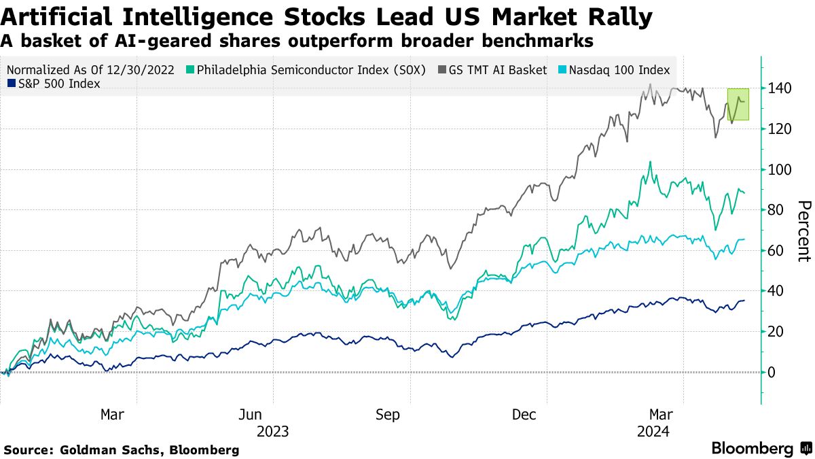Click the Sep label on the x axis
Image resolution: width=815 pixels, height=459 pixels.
click(388, 414)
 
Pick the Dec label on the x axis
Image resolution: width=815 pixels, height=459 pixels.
click(526, 414)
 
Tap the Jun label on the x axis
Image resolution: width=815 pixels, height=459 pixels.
click(251, 414)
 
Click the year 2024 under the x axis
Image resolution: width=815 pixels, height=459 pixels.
click(654, 431)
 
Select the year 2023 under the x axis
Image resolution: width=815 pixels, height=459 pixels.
click(273, 431)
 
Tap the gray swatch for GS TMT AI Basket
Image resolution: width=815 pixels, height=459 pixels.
click(442, 70)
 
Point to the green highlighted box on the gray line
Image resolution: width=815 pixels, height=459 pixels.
click(738, 105)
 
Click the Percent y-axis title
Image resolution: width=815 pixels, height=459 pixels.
click(803, 231)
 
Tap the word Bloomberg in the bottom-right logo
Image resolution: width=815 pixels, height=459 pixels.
click(752, 449)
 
